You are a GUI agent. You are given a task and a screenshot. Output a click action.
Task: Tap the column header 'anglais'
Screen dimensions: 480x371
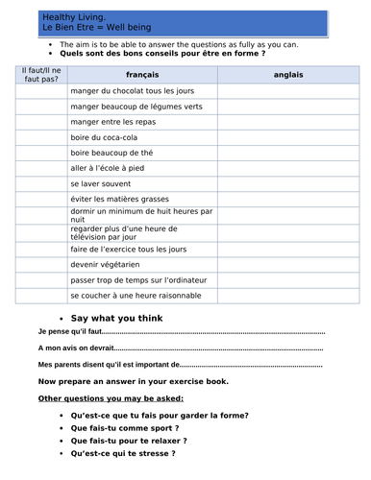point(287,74)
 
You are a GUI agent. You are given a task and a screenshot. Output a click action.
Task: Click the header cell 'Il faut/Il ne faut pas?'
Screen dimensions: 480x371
point(39,74)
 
